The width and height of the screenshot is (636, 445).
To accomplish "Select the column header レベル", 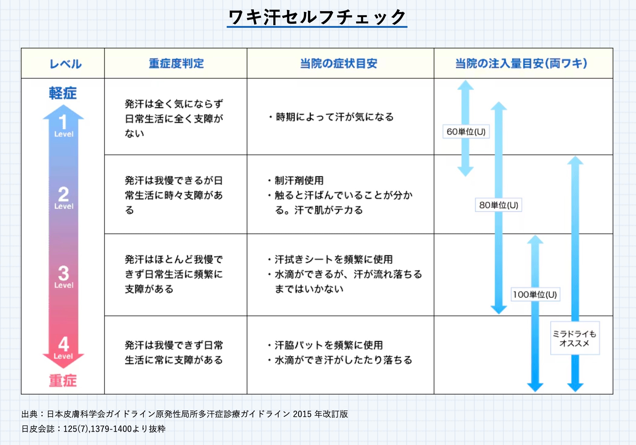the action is [66, 64].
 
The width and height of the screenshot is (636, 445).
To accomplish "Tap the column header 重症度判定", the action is [176, 63].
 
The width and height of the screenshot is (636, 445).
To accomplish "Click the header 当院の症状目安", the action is [339, 63].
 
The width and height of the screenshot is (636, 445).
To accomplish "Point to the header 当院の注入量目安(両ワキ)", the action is [521, 63].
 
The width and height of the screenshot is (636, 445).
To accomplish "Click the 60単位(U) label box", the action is [466, 132].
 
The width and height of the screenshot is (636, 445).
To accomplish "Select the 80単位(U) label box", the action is [498, 205].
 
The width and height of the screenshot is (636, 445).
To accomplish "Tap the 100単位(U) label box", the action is [535, 294].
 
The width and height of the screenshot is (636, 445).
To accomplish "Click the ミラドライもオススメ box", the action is [575, 338].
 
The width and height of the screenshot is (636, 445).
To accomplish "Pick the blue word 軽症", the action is [63, 93].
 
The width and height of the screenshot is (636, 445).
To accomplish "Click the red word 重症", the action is [63, 380].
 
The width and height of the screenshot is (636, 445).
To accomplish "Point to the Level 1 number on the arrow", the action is [63, 122].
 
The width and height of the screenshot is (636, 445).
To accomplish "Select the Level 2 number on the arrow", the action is [63, 194].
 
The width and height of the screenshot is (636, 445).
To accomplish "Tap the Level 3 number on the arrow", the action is [63, 273].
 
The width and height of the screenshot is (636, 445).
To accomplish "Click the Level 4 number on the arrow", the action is [63, 344].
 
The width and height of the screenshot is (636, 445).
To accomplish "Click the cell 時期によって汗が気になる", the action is [332, 117].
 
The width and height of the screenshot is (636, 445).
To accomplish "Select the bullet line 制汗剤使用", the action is [296, 180].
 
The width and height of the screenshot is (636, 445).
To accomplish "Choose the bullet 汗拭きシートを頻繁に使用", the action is [330, 259].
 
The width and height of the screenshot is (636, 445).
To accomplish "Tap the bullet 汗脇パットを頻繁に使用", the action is [326, 345].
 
